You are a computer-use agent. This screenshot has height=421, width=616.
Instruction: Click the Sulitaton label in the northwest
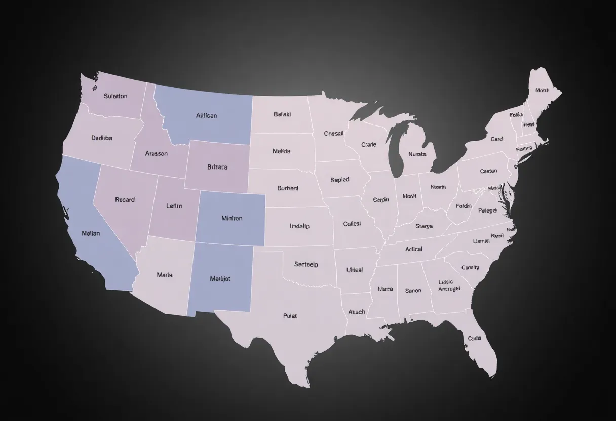(115, 96)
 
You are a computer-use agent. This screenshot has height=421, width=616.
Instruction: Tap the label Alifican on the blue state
(206, 115)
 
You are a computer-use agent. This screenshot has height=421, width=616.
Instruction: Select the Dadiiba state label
(102, 138)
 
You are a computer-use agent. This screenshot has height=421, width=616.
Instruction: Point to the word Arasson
(156, 153)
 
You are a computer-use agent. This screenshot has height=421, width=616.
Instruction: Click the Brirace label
(217, 166)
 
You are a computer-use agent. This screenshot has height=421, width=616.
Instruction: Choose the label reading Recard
(125, 200)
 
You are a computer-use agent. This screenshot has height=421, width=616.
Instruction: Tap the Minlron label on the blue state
(232, 218)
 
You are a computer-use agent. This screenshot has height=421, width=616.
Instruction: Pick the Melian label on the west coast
(91, 233)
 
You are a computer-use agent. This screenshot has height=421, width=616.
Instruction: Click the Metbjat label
(220, 278)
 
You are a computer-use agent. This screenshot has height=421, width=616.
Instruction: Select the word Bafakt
(282, 114)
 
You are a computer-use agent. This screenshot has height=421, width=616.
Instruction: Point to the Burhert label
(288, 188)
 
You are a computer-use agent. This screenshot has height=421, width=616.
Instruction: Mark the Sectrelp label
(306, 264)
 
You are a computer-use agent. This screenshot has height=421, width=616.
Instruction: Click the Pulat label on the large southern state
(290, 316)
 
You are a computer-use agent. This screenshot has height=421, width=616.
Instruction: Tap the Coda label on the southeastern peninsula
(474, 338)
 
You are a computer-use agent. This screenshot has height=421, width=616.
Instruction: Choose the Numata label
(417, 154)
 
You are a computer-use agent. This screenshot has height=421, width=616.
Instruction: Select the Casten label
(488, 171)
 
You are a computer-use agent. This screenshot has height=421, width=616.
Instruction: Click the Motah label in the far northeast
(542, 91)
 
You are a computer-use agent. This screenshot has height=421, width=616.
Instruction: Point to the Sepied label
(339, 180)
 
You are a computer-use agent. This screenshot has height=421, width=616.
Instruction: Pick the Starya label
(424, 226)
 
